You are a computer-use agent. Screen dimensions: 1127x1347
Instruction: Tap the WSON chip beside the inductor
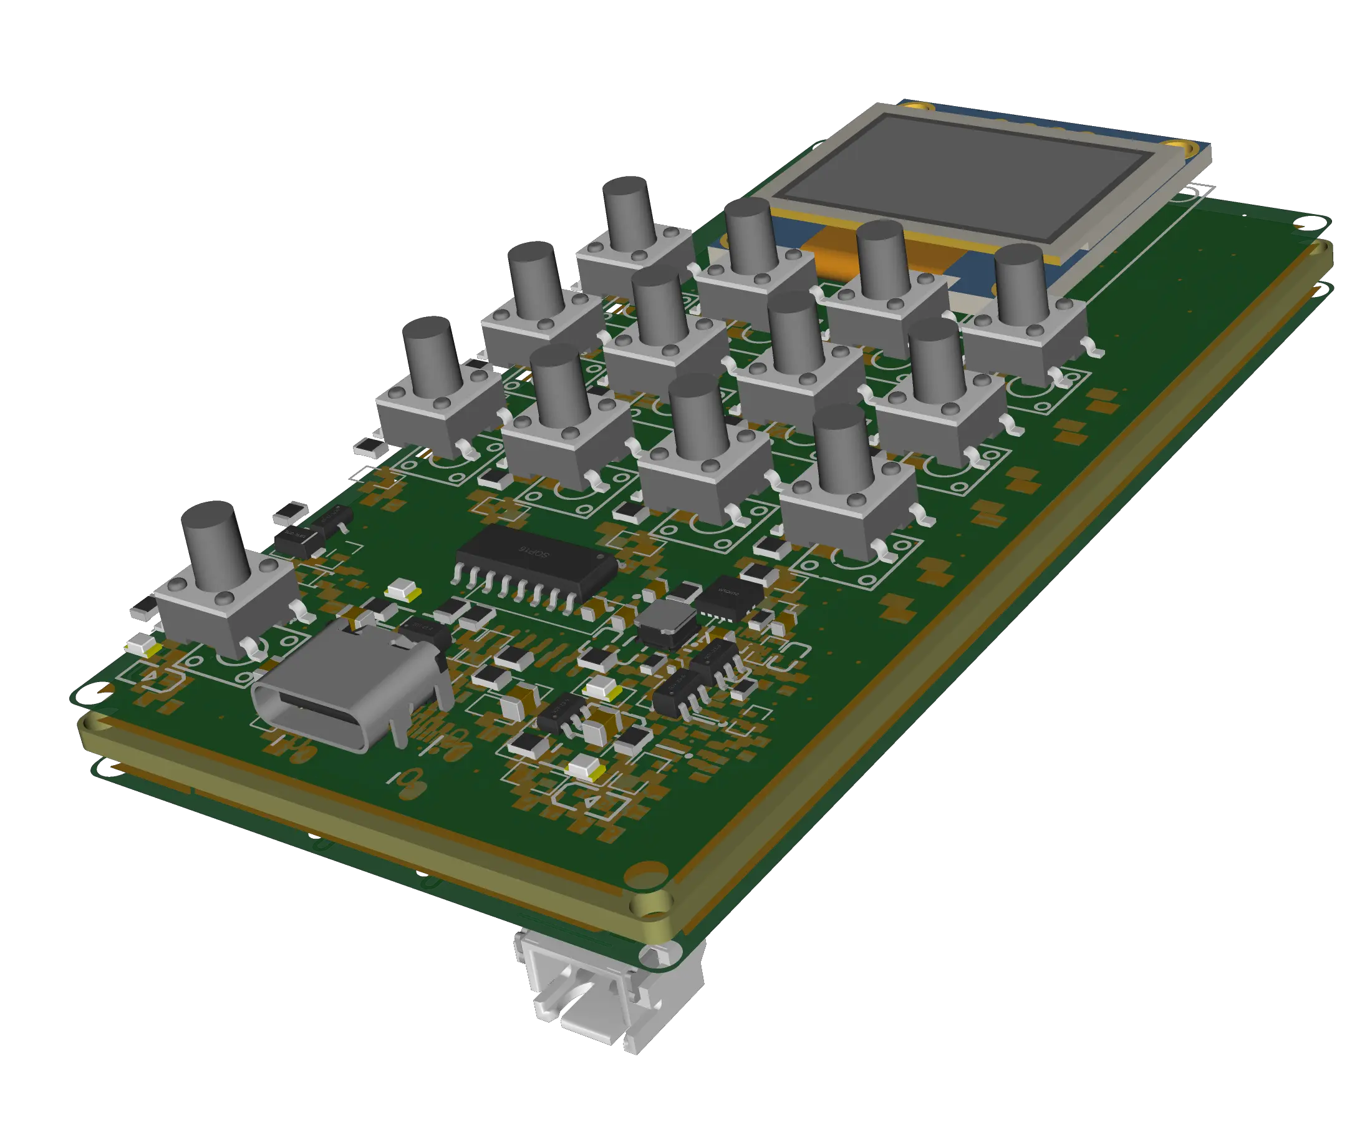coord(729,596)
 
